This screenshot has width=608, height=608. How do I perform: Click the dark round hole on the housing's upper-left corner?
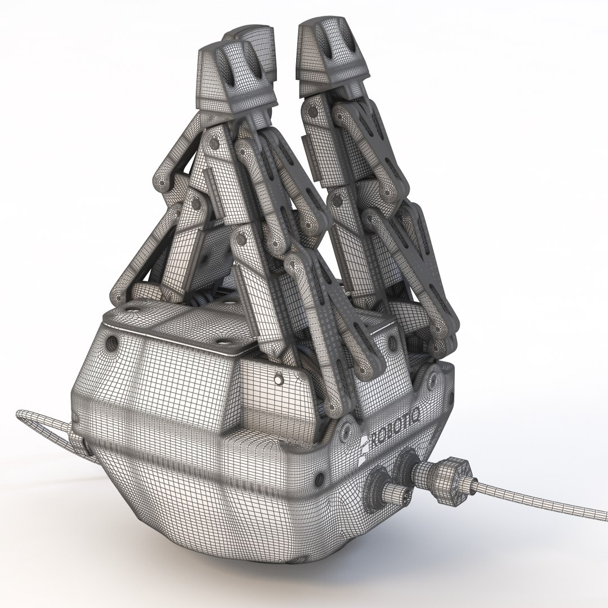click(111, 342)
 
